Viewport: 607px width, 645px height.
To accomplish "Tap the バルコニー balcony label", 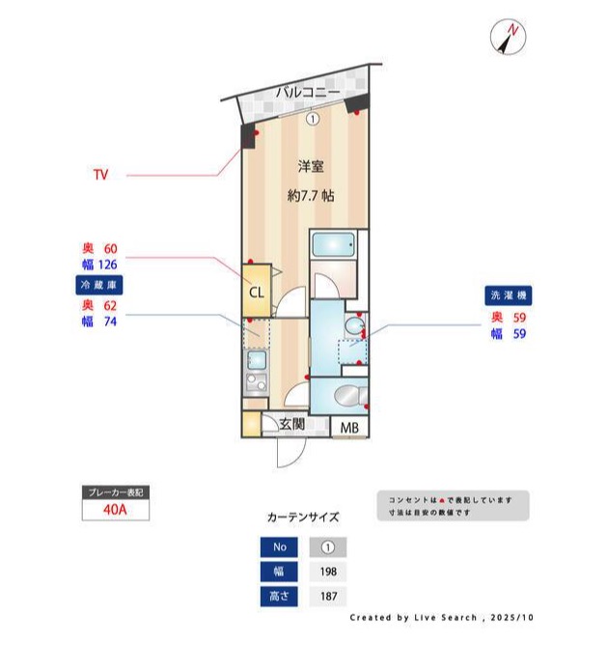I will point(306,93).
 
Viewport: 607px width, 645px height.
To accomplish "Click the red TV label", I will point(100,176).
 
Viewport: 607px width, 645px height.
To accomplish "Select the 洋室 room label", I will point(311,165).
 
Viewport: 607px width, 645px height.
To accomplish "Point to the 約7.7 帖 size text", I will point(311,195).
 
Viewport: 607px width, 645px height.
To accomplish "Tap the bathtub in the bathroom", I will point(334,245).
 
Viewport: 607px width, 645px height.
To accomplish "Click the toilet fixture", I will point(344,396).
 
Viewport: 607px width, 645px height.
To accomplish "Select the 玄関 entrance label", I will point(292,424).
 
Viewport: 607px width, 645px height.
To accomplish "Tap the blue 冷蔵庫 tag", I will point(99,286).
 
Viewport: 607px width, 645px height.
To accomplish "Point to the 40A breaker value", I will point(115,512).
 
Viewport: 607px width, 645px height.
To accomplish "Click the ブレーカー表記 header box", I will point(115,492).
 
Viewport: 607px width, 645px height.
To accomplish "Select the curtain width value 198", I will point(327,573).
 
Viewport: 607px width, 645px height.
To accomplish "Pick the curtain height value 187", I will point(327,597).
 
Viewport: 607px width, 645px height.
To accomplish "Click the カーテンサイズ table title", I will point(302,518).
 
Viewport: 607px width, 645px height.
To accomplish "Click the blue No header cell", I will point(280,547).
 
